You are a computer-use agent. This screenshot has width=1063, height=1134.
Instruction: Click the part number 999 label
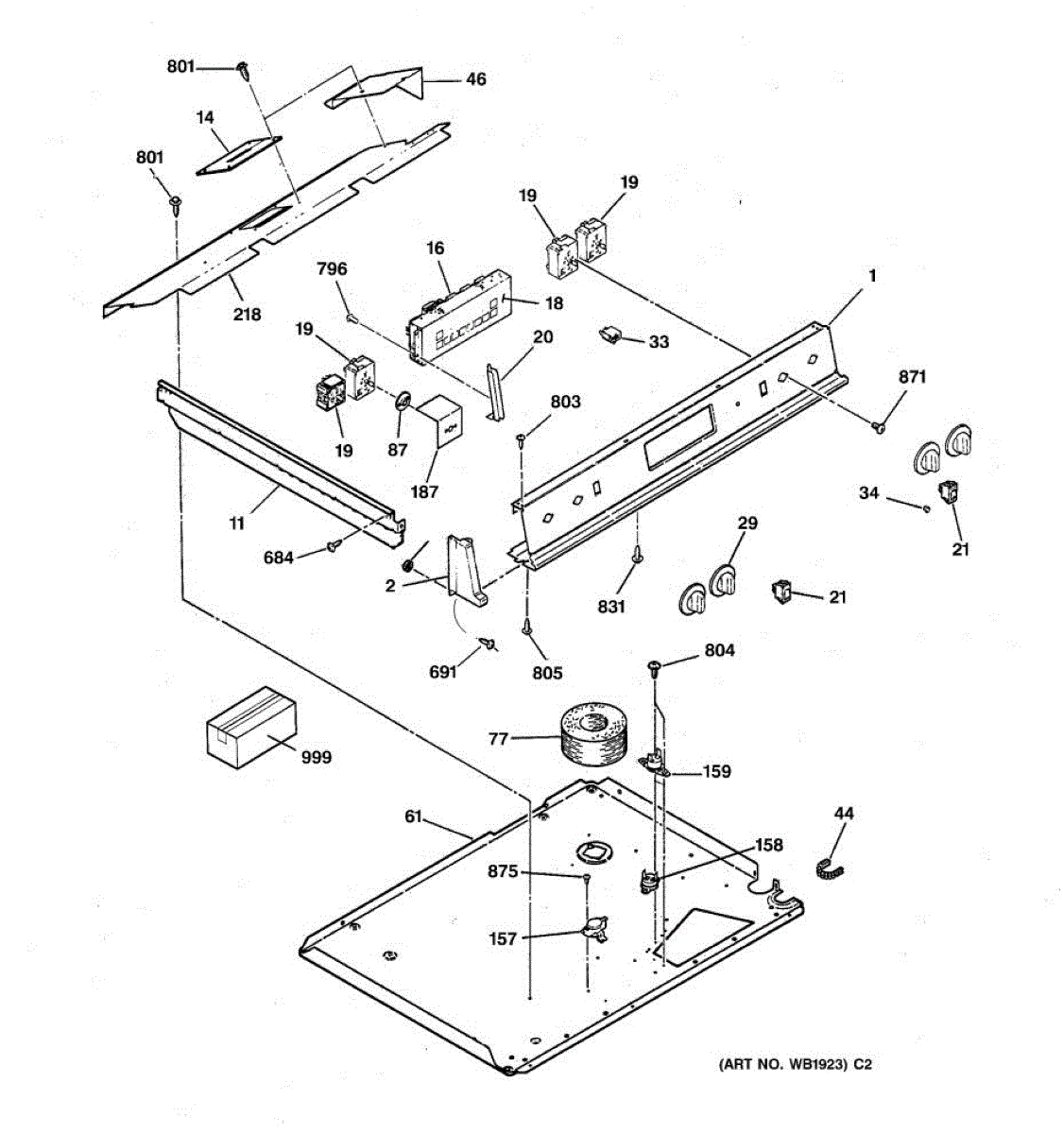click(x=317, y=757)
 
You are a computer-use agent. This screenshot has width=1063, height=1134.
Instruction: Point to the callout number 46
click(x=475, y=79)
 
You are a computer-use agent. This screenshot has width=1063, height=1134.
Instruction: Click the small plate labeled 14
click(x=239, y=156)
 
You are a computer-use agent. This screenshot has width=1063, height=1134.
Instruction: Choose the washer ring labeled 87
click(x=401, y=401)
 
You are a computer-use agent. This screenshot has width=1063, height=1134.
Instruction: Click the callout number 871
click(x=912, y=377)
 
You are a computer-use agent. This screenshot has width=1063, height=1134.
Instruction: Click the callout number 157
click(x=503, y=938)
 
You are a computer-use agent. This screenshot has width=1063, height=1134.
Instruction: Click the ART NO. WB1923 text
click(x=794, y=1064)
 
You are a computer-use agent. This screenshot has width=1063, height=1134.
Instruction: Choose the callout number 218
click(x=247, y=314)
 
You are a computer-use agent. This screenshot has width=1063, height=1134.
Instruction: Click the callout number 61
click(x=413, y=817)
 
